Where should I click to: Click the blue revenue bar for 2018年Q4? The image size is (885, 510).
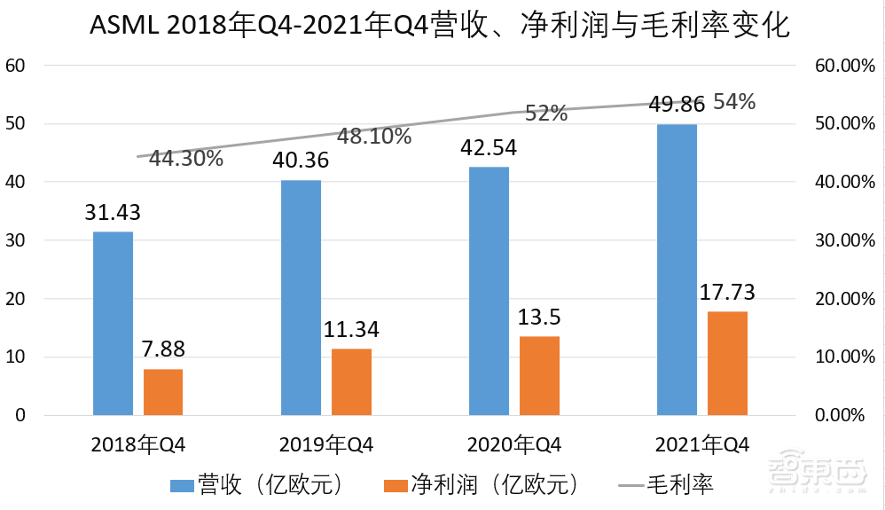pyautogui.click(x=113, y=323)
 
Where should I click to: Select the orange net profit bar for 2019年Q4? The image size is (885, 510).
pyautogui.click(x=351, y=381)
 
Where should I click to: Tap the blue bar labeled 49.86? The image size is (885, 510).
pyautogui.click(x=677, y=270)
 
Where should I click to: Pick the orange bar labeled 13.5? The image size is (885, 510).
pyautogui.click(x=539, y=375)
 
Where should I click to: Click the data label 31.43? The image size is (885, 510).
pyautogui.click(x=113, y=213)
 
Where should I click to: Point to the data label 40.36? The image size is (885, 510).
pyautogui.click(x=302, y=161)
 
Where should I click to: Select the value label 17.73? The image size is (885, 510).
pyautogui.click(x=726, y=292)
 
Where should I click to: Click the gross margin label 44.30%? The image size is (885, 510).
pyautogui.click(x=185, y=160)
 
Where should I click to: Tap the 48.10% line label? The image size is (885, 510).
pyautogui.click(x=373, y=137)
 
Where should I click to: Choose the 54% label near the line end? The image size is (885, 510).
pyautogui.click(x=734, y=102)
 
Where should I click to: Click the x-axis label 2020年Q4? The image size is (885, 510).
pyautogui.click(x=514, y=444)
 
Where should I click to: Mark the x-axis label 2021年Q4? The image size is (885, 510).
pyautogui.click(x=702, y=444)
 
